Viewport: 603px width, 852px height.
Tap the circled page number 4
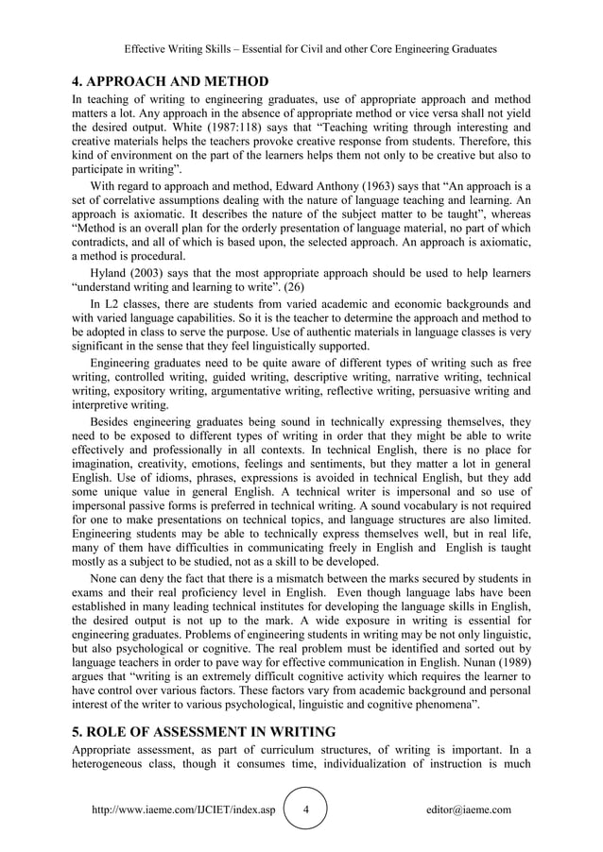pos(305,810)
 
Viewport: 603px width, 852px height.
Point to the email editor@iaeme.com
pos(469,810)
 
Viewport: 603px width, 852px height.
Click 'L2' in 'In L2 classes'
pos(113,303)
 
